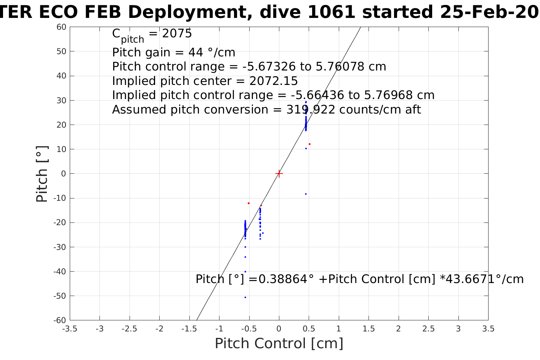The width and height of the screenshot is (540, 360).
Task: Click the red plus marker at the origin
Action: pyautogui.click(x=279, y=174)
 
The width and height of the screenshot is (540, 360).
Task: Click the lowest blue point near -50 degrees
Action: pyautogui.click(x=245, y=297)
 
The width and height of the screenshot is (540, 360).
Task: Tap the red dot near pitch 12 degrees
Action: pyautogui.click(x=309, y=144)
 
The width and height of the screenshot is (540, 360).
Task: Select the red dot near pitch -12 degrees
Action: pyautogui.click(x=248, y=203)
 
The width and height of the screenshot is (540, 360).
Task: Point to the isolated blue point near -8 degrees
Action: pyautogui.click(x=306, y=194)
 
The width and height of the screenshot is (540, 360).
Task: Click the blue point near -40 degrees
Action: pyautogui.click(x=245, y=272)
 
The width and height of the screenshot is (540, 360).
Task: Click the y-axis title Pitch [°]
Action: pyautogui.click(x=42, y=174)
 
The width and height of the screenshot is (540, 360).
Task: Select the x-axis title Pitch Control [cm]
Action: pyautogui.click(x=279, y=344)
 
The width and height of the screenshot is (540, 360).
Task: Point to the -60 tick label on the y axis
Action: pyautogui.click(x=60, y=320)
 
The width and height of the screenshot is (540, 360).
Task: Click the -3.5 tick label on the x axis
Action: pyautogui.click(x=69, y=329)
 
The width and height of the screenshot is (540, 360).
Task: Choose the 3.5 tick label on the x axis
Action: pyautogui.click(x=488, y=329)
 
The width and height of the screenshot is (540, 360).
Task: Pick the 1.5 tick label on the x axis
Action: pyautogui.click(x=369, y=329)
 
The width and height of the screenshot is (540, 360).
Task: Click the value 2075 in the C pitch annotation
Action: pyautogui.click(x=177, y=34)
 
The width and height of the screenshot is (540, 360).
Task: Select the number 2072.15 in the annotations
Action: pyautogui.click(x=273, y=81)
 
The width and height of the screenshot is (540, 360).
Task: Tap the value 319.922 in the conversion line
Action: pyautogui.click(x=311, y=110)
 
